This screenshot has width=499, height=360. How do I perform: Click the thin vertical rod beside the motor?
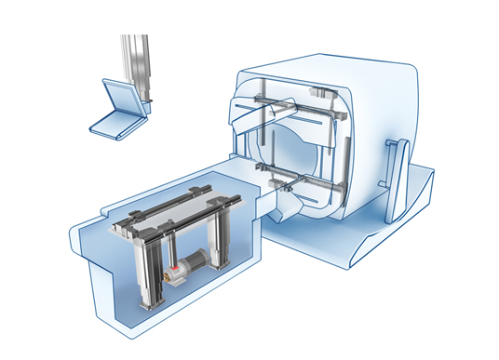coord(172,251)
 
